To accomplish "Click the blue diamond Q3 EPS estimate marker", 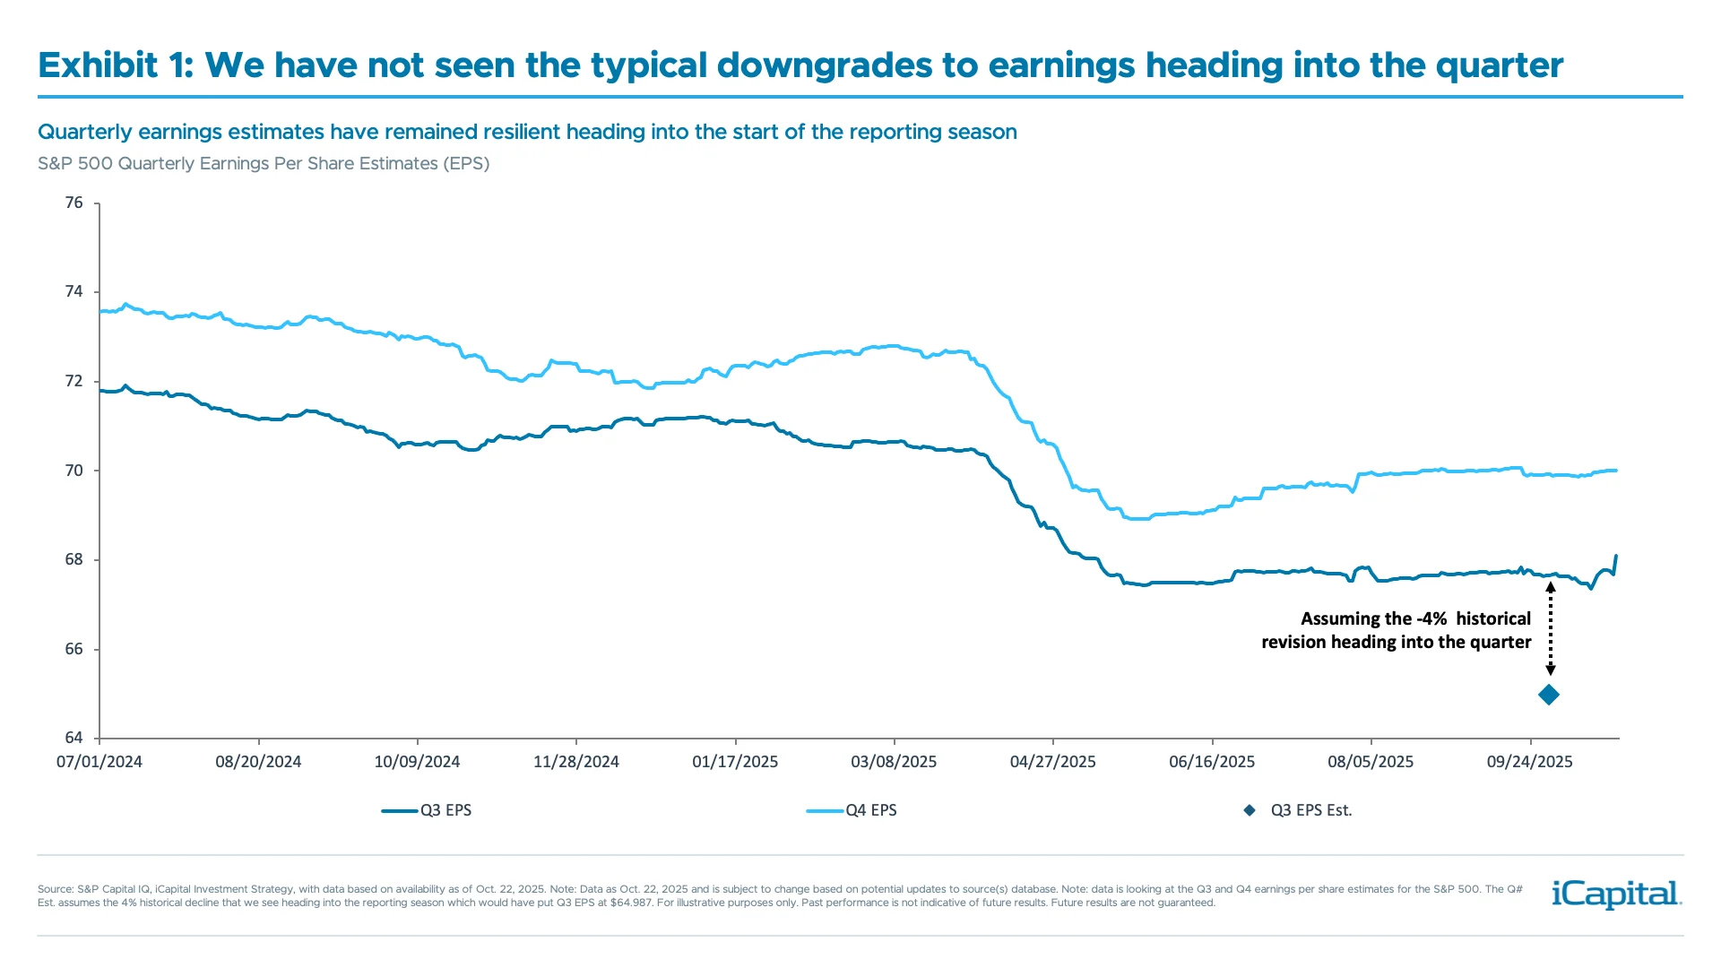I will tap(1548, 695).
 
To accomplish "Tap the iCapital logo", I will tap(1616, 894).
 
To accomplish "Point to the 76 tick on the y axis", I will tap(74, 203).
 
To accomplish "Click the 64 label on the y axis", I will tap(74, 738).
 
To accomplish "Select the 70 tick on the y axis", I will tap(74, 471).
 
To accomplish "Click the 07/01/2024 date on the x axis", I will tap(99, 762).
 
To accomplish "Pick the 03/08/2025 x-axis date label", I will tap(894, 762).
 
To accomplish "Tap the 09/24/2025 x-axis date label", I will tap(1529, 762).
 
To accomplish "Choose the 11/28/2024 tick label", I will tap(576, 762).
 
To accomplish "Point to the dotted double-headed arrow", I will tap(1551, 628).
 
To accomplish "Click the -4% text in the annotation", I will tap(1431, 618).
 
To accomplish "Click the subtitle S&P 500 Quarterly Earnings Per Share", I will tap(264, 163).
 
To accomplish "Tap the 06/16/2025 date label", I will tap(1212, 762).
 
